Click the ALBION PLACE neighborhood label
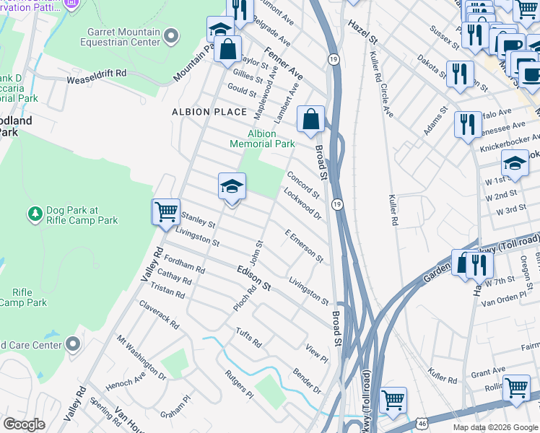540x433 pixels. tap(209, 112)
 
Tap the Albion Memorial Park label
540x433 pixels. tap(262, 139)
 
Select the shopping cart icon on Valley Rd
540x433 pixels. tap(167, 212)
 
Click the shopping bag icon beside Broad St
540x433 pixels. tap(311, 119)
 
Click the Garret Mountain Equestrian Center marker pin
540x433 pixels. tap(171, 35)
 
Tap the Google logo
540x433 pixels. tap(24, 424)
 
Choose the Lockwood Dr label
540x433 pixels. tap(302, 203)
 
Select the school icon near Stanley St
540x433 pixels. tap(232, 186)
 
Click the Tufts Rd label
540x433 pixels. tap(248, 337)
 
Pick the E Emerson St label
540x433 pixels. tap(304, 246)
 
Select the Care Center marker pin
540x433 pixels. tap(73, 344)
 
